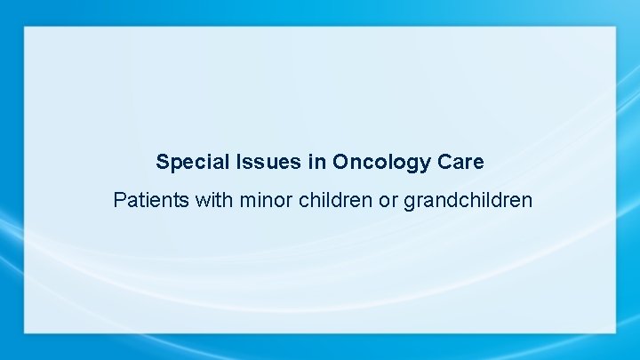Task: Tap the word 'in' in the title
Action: pos(315,163)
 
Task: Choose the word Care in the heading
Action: pos(460,163)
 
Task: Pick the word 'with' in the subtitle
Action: pos(214,200)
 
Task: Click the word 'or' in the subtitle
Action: pos(388,200)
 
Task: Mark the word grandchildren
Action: pos(468,200)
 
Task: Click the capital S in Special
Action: pos(162,163)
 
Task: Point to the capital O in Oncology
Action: pos(340,163)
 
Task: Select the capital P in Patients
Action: pos(120,200)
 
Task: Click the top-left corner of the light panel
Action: pos(25,27)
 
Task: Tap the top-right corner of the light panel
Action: pos(615,27)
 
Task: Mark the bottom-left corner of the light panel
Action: pos(25,332)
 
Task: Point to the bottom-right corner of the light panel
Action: pos(615,332)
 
